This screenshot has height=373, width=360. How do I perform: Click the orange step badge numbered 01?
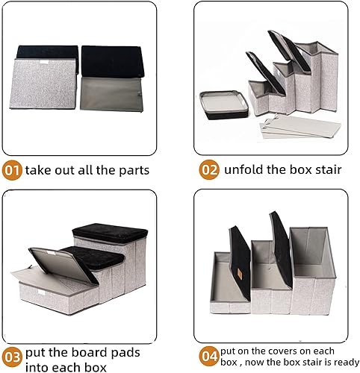(12, 169)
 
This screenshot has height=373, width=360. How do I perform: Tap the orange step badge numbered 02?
(209, 169)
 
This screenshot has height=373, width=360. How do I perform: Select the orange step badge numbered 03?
(12, 355)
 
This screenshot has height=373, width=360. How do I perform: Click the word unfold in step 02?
(246, 169)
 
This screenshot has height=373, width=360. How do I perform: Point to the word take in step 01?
(39, 170)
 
